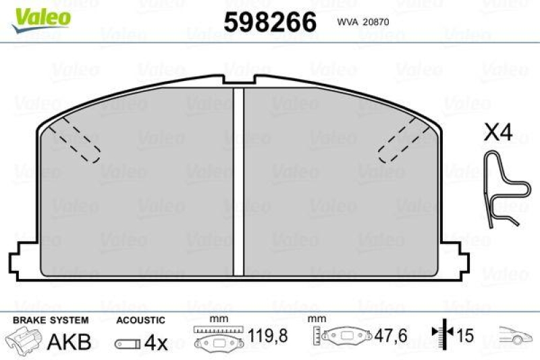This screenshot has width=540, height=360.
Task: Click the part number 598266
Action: [269, 22]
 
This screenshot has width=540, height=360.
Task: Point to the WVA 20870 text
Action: [362, 22]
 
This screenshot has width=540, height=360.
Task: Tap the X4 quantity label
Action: [498, 132]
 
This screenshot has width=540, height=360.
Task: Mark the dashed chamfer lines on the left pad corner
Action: [74, 140]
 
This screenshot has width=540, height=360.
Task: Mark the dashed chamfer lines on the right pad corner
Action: [402, 140]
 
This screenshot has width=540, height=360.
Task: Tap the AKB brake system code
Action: [69, 342]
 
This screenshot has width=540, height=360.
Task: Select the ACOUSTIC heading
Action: [140, 320]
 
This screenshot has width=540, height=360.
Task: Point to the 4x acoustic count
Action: [156, 342]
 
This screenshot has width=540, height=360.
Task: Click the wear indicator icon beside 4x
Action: [127, 344]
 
